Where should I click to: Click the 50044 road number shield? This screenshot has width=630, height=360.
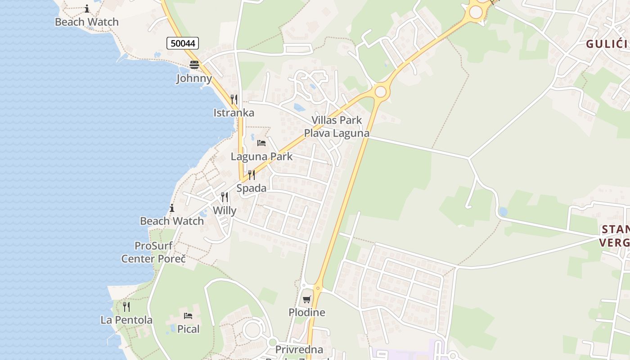coord(183,43)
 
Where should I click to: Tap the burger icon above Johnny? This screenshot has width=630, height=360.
coord(194,65)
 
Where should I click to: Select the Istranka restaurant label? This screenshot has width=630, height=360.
coord(234,112)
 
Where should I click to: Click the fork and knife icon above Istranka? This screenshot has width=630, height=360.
coord(234,99)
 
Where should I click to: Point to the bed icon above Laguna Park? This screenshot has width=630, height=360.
coord(261,143)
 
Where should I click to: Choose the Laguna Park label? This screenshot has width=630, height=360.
coord(261,157)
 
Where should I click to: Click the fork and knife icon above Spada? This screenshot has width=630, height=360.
coord(251,175)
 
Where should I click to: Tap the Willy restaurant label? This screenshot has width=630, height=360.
coord(225,210)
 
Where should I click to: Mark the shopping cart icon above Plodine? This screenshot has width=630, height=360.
coord(306,299)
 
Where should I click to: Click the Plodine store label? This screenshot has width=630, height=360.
coord(306,312)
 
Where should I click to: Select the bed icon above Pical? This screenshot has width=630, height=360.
coord(188,316)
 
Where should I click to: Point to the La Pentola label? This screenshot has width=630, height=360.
coord(126,320)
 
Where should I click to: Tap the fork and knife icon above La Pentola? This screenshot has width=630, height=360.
coord(126,307)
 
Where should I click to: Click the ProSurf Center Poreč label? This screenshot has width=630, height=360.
coord(153,252)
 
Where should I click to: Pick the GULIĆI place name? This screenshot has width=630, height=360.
coord(606,44)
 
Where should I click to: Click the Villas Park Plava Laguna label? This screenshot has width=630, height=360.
coord(337,127)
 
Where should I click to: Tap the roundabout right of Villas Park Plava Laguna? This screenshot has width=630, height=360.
coord(380,92)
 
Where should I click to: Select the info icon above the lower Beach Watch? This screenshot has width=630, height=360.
coord(171,208)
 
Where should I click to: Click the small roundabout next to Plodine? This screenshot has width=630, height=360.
coord(318,288)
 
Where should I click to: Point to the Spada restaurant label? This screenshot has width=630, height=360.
coord(251,188)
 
